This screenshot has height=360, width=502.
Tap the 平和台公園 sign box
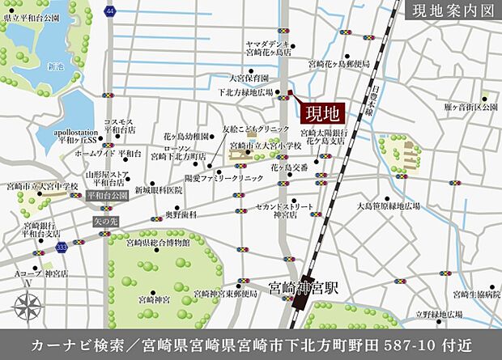tap(108, 195)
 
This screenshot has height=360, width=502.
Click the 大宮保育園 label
tap(248, 78)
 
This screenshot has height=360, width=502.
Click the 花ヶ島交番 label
tap(289, 167)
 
